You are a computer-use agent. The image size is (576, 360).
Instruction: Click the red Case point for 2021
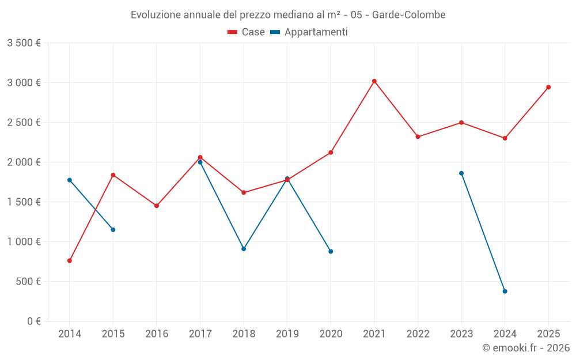(x=374, y=81)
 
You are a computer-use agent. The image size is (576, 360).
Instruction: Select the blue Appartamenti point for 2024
(x=505, y=291)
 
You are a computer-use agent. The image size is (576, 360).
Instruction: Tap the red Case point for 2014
(x=70, y=261)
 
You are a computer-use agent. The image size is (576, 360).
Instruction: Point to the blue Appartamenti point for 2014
(x=70, y=180)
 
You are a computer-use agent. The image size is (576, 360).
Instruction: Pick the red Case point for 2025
(x=548, y=88)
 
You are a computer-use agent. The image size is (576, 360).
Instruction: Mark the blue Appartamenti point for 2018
(x=244, y=249)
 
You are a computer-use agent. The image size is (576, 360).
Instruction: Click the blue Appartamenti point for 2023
(x=461, y=173)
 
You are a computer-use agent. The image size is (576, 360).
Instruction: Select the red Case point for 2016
(x=157, y=206)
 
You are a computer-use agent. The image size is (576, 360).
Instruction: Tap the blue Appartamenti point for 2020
(x=331, y=252)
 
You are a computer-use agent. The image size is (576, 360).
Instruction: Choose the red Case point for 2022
(x=418, y=137)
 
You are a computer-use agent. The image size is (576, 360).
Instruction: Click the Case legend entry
(x=247, y=32)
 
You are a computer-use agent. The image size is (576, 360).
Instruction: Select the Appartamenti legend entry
(x=309, y=32)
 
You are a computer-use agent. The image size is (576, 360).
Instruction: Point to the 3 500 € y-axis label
(x=24, y=43)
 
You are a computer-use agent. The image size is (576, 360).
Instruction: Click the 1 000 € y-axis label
(x=24, y=242)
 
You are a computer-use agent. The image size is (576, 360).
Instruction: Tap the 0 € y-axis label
(x=32, y=321)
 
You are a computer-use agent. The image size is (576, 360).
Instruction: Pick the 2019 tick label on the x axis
(x=287, y=334)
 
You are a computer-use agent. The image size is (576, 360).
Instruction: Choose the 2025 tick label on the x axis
(x=548, y=334)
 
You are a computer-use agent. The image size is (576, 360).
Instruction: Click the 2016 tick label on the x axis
(x=157, y=334)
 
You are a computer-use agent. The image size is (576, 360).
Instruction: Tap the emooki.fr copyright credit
(x=526, y=348)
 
